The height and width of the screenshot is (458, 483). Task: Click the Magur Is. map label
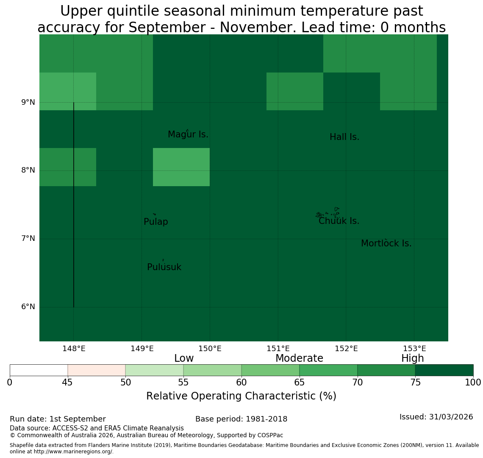pyautogui.click(x=188, y=134)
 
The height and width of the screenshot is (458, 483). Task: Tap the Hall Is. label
pyautogui.click(x=344, y=137)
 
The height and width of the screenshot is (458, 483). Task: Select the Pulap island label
pyautogui.click(x=156, y=222)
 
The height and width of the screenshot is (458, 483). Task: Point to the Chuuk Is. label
pyautogui.click(x=339, y=221)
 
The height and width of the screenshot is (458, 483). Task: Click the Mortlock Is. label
pyautogui.click(x=386, y=243)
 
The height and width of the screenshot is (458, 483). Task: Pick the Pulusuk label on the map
pyautogui.click(x=164, y=267)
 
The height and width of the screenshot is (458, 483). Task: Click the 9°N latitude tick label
pyautogui.click(x=28, y=102)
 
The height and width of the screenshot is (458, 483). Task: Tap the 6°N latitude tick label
pyautogui.click(x=28, y=307)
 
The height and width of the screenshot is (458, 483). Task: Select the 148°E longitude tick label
pyautogui.click(x=74, y=349)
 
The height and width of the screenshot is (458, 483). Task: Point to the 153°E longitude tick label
pyautogui.click(x=414, y=349)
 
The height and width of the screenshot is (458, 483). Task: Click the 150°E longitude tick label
pyautogui.click(x=210, y=349)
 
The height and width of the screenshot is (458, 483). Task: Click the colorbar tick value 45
pyautogui.click(x=67, y=383)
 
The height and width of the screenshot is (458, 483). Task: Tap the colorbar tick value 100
pyautogui.click(x=473, y=383)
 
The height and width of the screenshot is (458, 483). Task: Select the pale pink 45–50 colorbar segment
pyautogui.click(x=97, y=370)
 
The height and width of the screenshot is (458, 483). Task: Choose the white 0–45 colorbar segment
pyautogui.click(x=39, y=370)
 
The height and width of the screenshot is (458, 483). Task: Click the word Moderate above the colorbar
pyautogui.click(x=299, y=358)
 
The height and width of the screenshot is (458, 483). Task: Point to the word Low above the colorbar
pyautogui.click(x=184, y=358)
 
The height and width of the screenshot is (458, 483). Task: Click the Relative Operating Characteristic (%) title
pyautogui.click(x=241, y=396)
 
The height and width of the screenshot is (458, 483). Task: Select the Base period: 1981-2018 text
pyautogui.click(x=241, y=419)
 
